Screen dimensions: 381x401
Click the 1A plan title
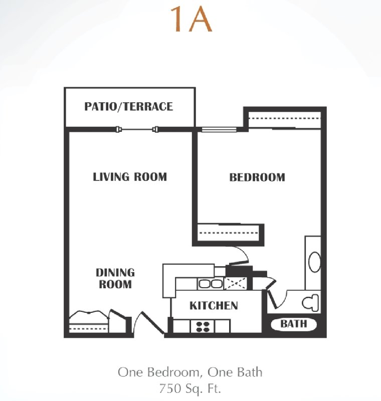point(192,20)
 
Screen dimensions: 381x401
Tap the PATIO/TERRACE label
point(129,107)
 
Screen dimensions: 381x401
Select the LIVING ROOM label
point(130,177)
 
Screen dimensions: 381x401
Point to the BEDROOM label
point(257,177)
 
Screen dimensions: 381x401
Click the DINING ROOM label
point(115,279)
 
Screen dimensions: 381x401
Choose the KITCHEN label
point(214,306)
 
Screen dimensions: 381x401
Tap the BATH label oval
point(294,324)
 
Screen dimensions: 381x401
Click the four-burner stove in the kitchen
point(203,327)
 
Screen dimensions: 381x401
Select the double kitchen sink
point(211,284)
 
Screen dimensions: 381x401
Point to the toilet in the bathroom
point(311,303)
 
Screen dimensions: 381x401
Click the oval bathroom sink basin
point(314,262)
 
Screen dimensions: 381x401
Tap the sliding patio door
point(137,129)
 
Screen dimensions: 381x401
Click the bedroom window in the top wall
point(220,129)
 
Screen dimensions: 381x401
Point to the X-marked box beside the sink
point(236,284)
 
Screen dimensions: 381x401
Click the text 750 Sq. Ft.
point(190,388)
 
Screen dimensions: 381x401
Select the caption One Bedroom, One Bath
point(190,372)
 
